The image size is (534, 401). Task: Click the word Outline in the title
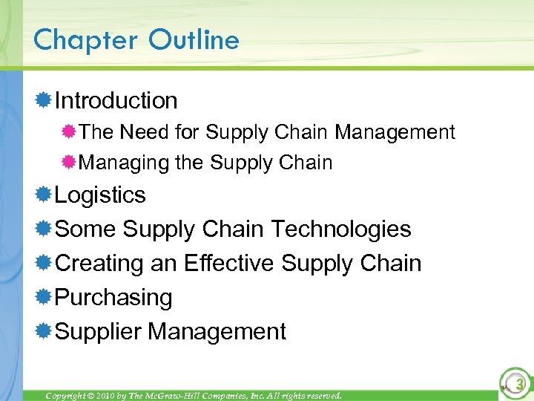click(x=194, y=39)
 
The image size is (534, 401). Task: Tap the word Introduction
click(x=116, y=100)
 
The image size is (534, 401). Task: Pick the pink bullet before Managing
click(x=70, y=163)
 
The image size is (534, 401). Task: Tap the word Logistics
click(x=100, y=195)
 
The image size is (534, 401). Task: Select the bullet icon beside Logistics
click(x=43, y=195)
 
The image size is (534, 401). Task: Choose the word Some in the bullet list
click(x=86, y=229)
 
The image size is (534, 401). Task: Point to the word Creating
click(x=99, y=263)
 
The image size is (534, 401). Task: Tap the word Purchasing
click(x=113, y=297)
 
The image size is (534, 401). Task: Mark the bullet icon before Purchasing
click(x=43, y=297)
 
